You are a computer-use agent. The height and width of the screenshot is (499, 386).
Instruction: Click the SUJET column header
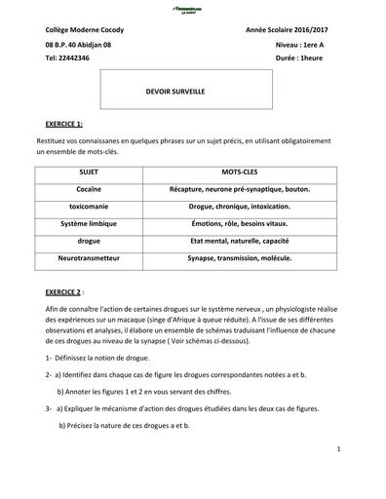89,171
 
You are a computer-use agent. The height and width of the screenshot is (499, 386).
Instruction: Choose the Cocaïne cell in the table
89,188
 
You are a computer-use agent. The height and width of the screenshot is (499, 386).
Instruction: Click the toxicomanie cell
89,206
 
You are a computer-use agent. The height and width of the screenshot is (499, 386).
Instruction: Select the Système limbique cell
89,223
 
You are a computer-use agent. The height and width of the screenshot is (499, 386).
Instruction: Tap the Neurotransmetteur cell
89,258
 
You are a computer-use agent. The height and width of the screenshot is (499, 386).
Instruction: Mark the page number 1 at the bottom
336,449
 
